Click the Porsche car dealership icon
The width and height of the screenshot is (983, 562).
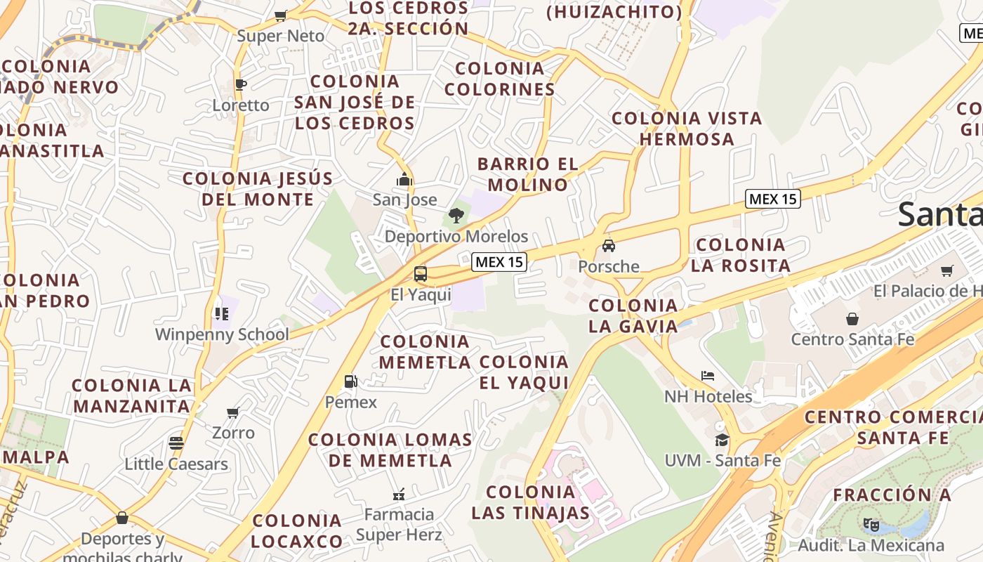pyautogui.click(x=609, y=246)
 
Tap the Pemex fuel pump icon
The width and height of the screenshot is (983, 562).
pyautogui.click(x=350, y=381)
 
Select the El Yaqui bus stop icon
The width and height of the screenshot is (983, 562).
pyautogui.click(x=421, y=274)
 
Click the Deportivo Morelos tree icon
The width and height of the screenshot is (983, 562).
pyautogui.click(x=456, y=216)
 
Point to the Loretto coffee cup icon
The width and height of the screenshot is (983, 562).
pyautogui.click(x=241, y=85)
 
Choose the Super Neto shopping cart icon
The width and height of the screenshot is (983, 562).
pyautogui.click(x=281, y=15)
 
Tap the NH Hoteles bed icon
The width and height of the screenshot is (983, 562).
pyautogui.click(x=708, y=376)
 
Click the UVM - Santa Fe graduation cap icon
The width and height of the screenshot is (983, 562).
pyautogui.click(x=722, y=440)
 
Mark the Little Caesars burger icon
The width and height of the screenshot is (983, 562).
pyautogui.click(x=176, y=443)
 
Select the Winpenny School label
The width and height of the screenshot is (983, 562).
pyautogui.click(x=222, y=334)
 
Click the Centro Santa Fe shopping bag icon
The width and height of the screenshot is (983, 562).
pyautogui.click(x=852, y=319)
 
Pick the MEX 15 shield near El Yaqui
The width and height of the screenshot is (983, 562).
pyautogui.click(x=499, y=262)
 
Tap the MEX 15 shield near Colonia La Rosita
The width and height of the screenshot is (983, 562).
pyautogui.click(x=772, y=199)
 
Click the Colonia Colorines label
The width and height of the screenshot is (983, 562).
pyautogui.click(x=500, y=79)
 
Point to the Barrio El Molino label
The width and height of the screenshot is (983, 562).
pyautogui.click(x=528, y=174)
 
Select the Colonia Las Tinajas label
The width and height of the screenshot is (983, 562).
pyautogui.click(x=531, y=502)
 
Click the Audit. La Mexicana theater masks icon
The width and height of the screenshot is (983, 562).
pyautogui.click(x=871, y=524)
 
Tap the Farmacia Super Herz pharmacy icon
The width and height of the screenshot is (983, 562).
pyautogui.click(x=399, y=494)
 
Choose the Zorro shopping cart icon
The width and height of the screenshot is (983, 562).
pyautogui.click(x=233, y=412)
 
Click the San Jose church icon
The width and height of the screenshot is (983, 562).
pyautogui.click(x=404, y=180)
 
